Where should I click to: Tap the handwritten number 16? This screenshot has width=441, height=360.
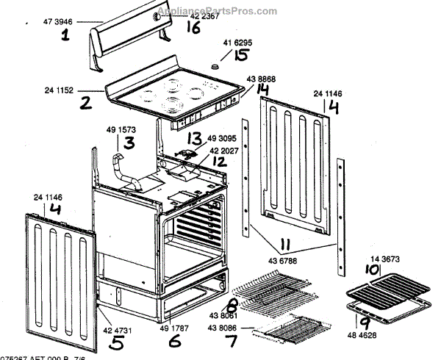(193, 27)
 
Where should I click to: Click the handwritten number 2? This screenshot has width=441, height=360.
(86, 104)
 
